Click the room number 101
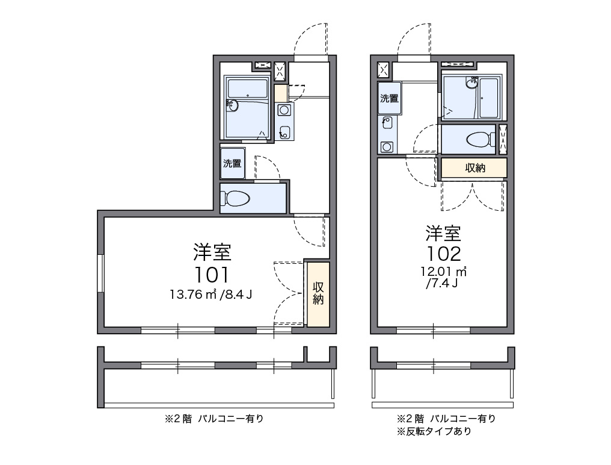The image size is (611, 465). [x=212, y=275]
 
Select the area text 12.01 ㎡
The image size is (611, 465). [x=444, y=271]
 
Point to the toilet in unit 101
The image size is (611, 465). [x=237, y=198]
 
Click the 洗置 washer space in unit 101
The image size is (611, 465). [x=232, y=163]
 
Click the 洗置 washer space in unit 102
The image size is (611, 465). [x=389, y=98]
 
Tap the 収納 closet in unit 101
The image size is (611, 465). [x=318, y=293]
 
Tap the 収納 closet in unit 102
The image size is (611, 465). [x=474, y=168]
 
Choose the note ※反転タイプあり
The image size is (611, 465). [x=434, y=431]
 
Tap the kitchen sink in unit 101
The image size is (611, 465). [x=284, y=132]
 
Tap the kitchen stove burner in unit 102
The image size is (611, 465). [x=387, y=146]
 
